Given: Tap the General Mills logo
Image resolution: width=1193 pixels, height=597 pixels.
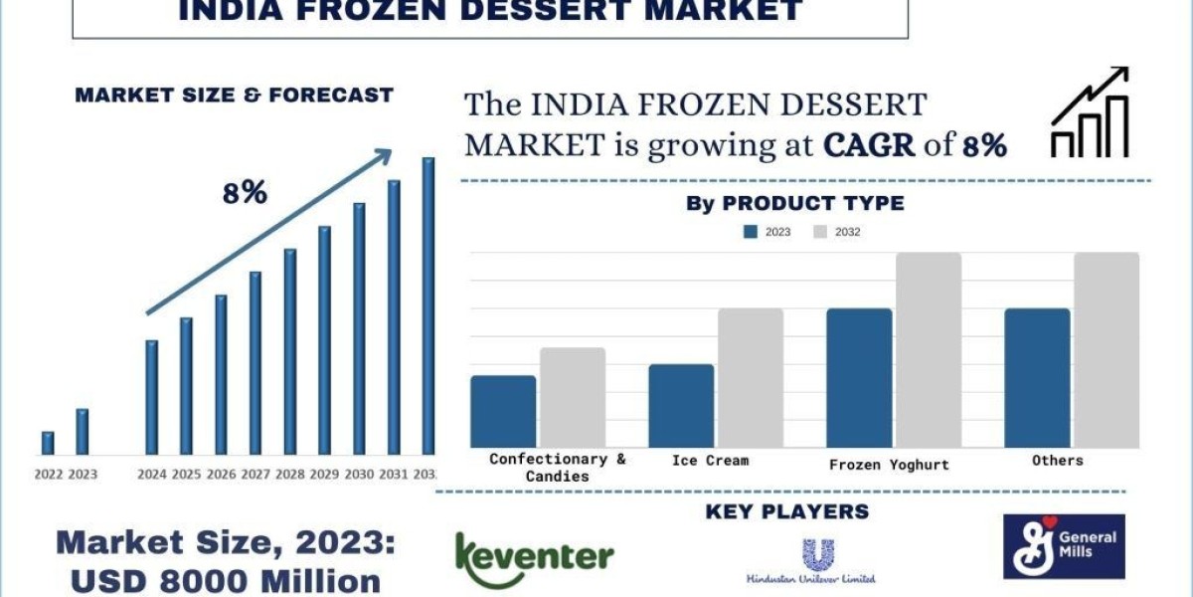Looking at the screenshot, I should pyautogui.click(x=1064, y=546).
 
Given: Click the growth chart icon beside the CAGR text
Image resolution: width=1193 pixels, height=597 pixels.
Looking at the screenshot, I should pyautogui.click(x=1090, y=112).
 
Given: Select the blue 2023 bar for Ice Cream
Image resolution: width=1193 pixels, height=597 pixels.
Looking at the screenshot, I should pyautogui.click(x=681, y=405).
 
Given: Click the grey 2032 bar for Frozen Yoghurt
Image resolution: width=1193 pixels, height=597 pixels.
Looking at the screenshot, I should pyautogui.click(x=929, y=349).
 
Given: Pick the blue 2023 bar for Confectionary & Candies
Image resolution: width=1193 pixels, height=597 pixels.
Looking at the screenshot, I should pyautogui.click(x=503, y=411).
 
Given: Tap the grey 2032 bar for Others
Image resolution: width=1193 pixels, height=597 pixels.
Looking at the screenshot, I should pyautogui.click(x=1107, y=349).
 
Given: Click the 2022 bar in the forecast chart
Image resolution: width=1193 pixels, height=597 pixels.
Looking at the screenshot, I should pyautogui.click(x=48, y=443).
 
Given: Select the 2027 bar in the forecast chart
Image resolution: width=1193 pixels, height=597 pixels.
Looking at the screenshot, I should pyautogui.click(x=256, y=363).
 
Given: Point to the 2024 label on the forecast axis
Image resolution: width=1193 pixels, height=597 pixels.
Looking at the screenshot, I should pyautogui.click(x=152, y=475).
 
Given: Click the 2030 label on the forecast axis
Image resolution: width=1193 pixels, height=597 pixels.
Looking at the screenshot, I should pyautogui.click(x=360, y=475).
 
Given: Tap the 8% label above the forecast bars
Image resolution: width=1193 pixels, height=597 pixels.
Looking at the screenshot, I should pyautogui.click(x=245, y=193).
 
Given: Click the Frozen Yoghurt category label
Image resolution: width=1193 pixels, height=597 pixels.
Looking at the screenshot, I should pyautogui.click(x=889, y=465).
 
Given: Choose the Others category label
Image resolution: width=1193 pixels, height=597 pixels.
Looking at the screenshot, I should pyautogui.click(x=1058, y=461).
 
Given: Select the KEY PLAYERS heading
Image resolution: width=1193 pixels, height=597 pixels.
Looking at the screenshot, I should pyautogui.click(x=786, y=512).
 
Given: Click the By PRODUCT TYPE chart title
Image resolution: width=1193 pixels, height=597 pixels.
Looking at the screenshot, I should pyautogui.click(x=795, y=204).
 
